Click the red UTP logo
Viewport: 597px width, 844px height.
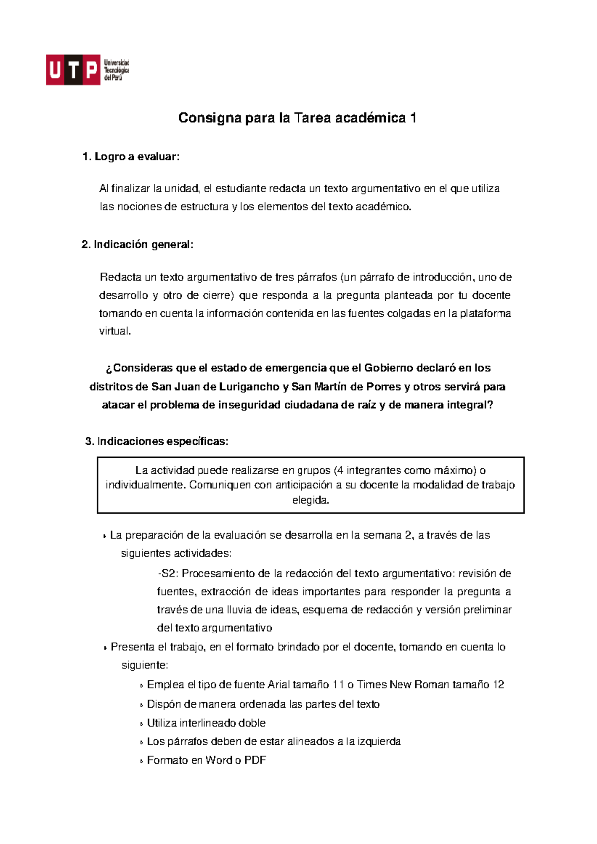pos(73,70)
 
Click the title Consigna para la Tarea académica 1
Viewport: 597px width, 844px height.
pos(297,118)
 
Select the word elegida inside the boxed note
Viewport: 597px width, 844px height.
pos(310,500)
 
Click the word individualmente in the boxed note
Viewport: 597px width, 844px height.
pos(146,485)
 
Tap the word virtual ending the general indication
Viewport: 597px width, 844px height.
pos(115,331)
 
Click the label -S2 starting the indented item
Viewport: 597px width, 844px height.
pos(168,574)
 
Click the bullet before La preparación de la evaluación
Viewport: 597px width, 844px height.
pos(105,536)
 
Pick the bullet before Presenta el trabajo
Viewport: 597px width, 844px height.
pos(105,648)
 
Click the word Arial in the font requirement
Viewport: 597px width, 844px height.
pos(278,685)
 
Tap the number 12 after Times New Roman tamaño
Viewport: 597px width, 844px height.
pos(498,685)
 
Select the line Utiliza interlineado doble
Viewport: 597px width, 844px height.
pos(206,723)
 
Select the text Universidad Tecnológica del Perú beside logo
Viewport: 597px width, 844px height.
pos(116,70)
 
